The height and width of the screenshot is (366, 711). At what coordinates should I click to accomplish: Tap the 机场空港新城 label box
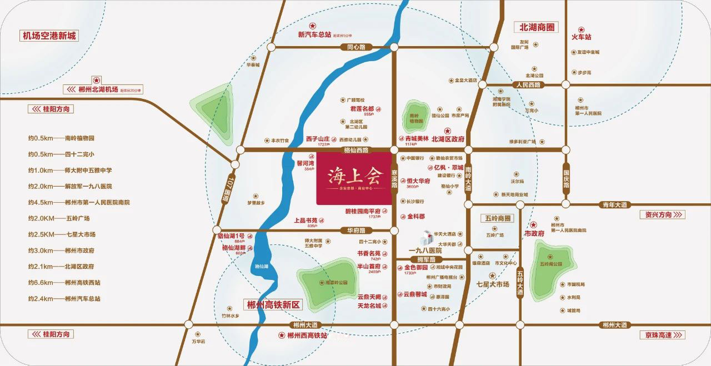49,36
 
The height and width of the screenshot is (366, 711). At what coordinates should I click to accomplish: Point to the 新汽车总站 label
314,34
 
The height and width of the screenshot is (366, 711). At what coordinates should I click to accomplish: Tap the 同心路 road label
356,47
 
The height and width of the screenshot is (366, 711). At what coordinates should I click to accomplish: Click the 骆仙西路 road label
356,150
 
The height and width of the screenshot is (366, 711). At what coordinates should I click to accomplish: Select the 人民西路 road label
528,85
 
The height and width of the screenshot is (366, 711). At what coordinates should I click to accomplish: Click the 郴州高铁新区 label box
273,305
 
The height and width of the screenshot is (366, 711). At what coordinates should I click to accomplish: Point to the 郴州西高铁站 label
307,335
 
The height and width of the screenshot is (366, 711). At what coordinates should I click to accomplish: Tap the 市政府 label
534,234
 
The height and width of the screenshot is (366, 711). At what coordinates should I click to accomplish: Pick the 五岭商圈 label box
497,218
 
